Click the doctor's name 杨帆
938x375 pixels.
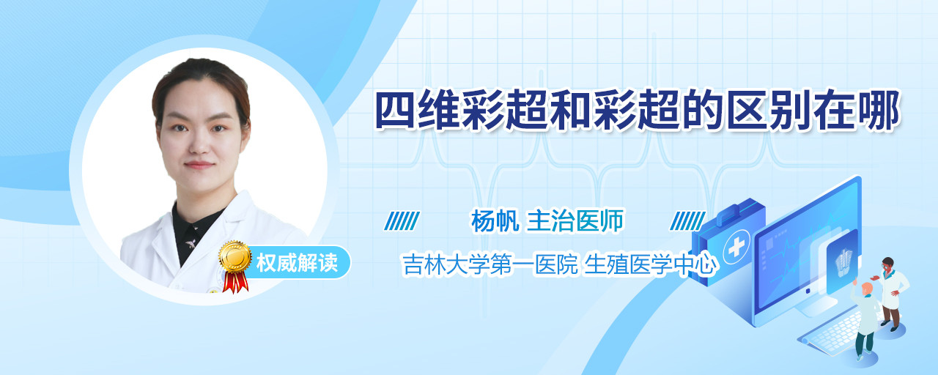pos(495,221)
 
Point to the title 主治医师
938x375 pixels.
pos(575,221)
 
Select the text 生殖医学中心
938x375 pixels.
pos(650,264)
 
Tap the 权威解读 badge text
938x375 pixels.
pos(297,263)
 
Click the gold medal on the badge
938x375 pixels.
pos(235,256)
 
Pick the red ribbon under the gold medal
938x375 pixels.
pos(235,282)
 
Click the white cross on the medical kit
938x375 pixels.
pos(736,248)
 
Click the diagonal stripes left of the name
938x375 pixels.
pos(402,221)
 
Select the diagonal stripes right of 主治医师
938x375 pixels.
pos(687,221)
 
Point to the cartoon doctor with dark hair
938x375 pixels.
pos(891,294)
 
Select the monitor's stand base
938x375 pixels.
pos(813,308)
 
